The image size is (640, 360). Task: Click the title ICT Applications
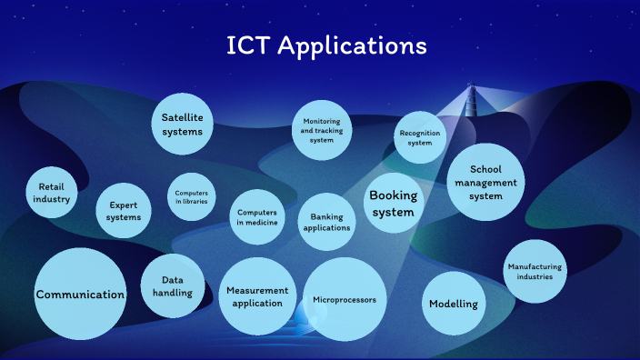[326, 45]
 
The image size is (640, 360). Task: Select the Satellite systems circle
[182, 125]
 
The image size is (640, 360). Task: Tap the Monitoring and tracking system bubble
[323, 131]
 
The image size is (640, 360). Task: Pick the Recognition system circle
[419, 137]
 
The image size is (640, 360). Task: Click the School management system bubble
[486, 182]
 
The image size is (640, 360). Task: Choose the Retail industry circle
[52, 193]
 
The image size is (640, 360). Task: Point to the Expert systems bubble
[124, 211]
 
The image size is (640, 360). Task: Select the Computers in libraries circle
[192, 197]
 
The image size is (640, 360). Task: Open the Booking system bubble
[393, 204]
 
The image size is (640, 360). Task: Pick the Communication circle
[80, 294]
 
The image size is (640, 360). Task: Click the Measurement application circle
[258, 295]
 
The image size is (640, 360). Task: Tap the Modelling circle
[454, 304]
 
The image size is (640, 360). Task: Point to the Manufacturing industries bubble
[535, 271]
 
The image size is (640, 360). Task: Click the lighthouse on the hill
[471, 97]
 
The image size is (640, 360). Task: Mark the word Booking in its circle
[393, 195]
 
